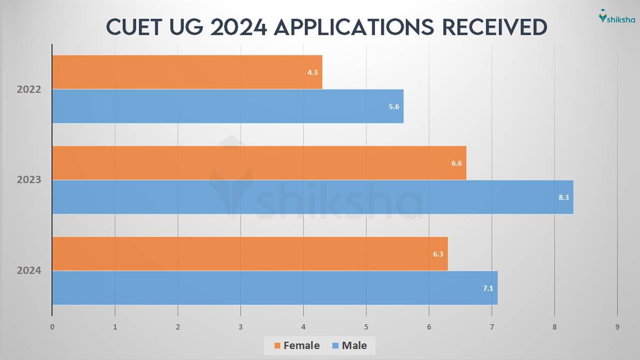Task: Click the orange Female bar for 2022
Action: (x=187, y=72)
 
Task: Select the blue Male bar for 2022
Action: (x=228, y=106)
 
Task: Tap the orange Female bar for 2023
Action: (x=259, y=163)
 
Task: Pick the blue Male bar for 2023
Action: (x=313, y=197)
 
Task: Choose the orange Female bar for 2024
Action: (x=250, y=254)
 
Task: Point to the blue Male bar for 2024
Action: (x=275, y=288)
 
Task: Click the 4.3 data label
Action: (x=313, y=72)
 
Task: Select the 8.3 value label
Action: (x=564, y=197)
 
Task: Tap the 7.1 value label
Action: (x=489, y=288)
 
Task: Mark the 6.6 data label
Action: (x=457, y=163)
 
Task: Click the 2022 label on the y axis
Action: (x=29, y=90)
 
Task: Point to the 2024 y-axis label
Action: (x=29, y=271)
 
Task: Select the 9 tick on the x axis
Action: (x=618, y=327)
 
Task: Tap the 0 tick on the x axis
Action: (x=52, y=327)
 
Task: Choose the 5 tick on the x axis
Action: (x=366, y=327)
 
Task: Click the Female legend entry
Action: (x=297, y=346)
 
